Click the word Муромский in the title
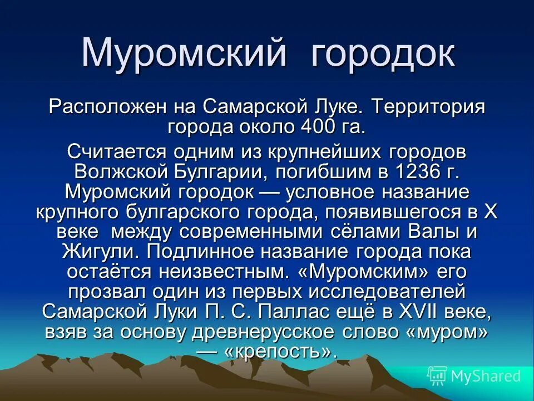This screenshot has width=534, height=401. [x=185, y=54]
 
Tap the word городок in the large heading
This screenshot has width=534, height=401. [x=382, y=54]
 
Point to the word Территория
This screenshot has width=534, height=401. [x=421, y=106]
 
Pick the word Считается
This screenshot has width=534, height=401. [x=117, y=151]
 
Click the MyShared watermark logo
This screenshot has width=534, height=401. [x=474, y=376]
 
